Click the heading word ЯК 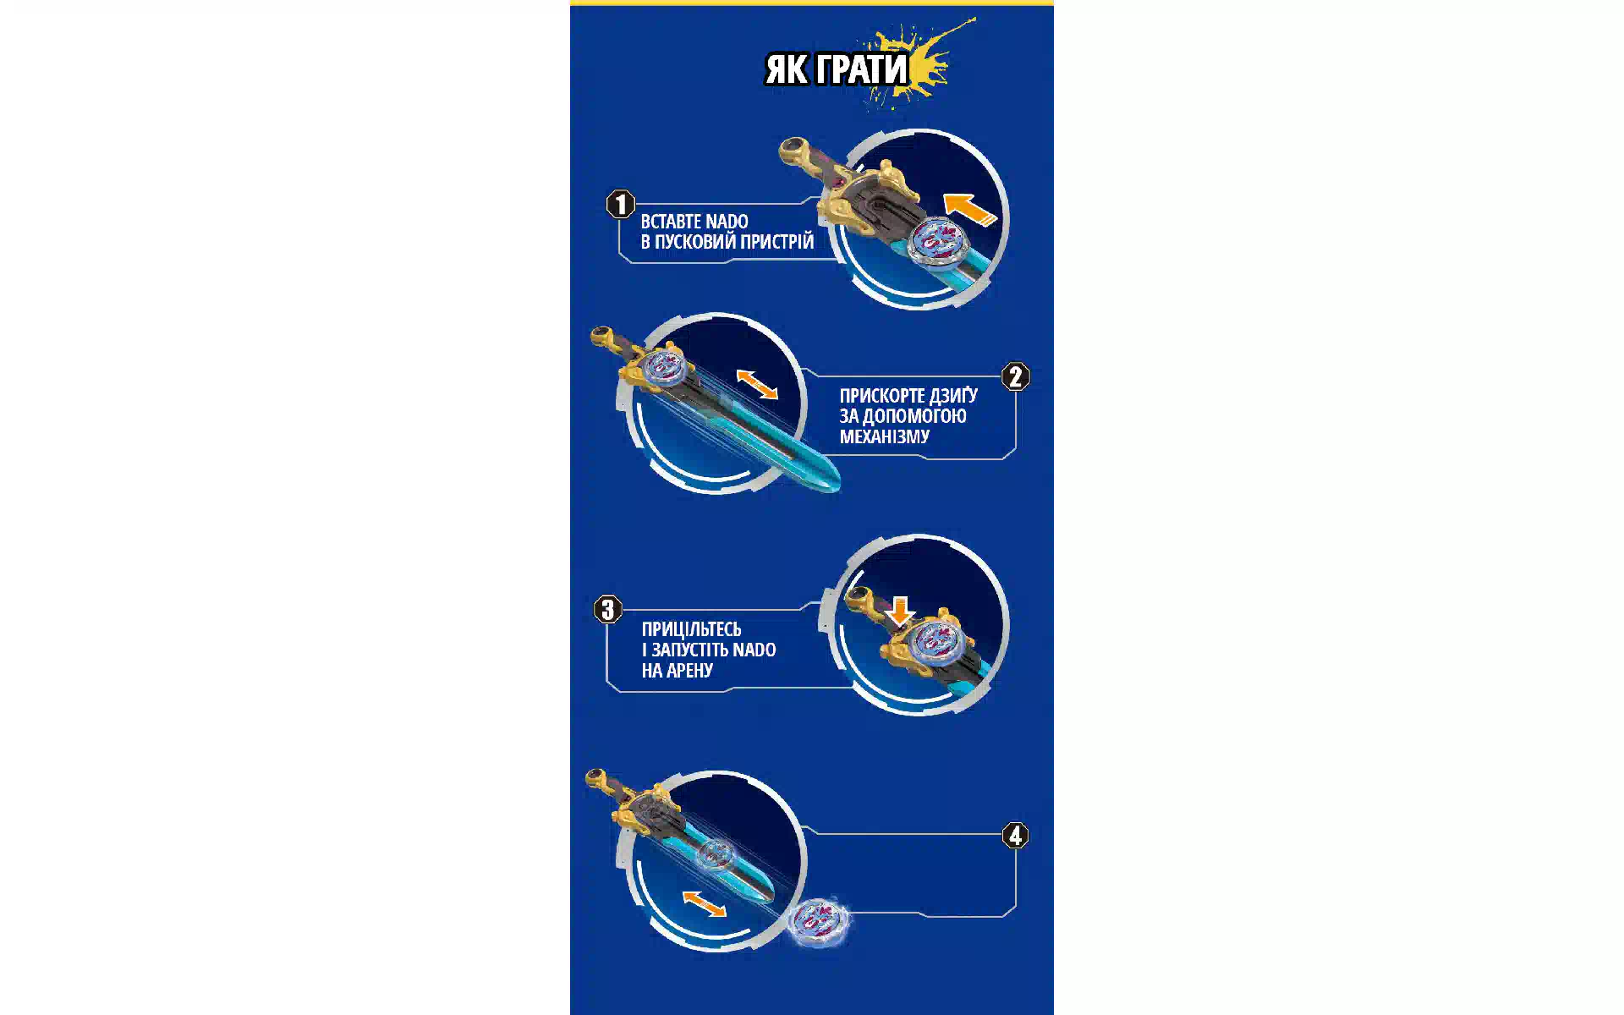click(787, 69)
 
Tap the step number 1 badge click(621, 204)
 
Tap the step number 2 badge click(1016, 376)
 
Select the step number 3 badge click(607, 609)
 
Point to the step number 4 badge click(1016, 836)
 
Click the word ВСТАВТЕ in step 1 click(672, 222)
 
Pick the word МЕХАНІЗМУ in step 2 click(885, 436)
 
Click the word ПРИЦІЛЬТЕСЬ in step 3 click(691, 629)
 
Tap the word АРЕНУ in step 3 click(690, 671)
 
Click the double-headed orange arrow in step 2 click(757, 384)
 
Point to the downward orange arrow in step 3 click(900, 611)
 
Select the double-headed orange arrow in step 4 click(704, 903)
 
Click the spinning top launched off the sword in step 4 click(818, 919)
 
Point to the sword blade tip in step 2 click(838, 488)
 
